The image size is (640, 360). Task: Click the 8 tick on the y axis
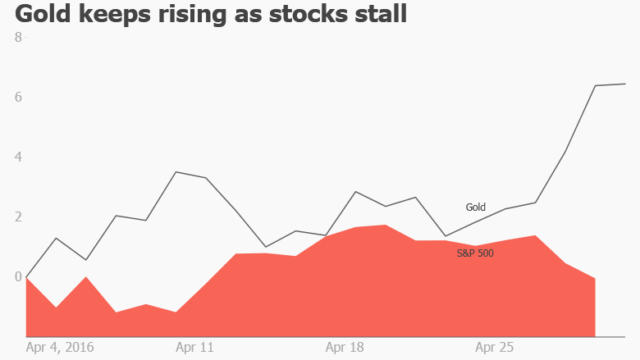click(x=18, y=37)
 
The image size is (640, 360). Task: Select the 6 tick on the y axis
click(x=18, y=97)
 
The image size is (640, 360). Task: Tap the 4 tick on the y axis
click(x=18, y=157)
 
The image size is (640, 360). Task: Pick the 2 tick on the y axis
click(x=18, y=217)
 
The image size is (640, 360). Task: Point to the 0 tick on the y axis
click(x=18, y=277)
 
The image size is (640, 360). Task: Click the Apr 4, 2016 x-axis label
click(x=60, y=347)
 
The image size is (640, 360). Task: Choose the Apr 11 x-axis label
click(x=194, y=347)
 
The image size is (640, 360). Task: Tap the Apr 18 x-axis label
click(x=345, y=347)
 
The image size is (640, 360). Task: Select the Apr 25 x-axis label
click(x=495, y=347)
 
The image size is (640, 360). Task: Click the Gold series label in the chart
click(x=476, y=207)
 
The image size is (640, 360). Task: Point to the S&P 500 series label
click(x=475, y=253)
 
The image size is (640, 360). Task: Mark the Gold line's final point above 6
click(x=625, y=84)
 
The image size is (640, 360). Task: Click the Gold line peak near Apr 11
click(x=176, y=172)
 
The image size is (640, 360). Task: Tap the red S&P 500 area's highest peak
click(x=386, y=225)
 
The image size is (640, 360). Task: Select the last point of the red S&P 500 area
click(x=594, y=278)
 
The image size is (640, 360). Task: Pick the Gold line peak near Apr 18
click(x=355, y=192)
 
